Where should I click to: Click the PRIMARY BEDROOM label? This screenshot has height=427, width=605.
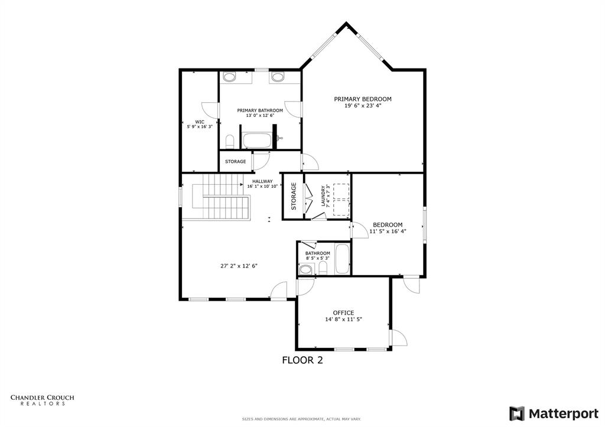(x=363, y=99)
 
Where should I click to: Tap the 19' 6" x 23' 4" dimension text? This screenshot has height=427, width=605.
(x=363, y=106)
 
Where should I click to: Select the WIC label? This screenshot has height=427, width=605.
(x=200, y=122)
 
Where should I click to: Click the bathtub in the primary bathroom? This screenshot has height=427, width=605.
(x=257, y=141)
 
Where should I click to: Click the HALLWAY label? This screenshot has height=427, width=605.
(x=262, y=181)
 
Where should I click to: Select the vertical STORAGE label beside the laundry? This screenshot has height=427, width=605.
(x=293, y=197)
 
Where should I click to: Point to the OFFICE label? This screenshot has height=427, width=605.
(x=343, y=312)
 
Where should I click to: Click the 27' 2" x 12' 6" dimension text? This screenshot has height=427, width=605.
(x=238, y=266)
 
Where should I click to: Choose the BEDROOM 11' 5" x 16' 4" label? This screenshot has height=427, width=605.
(x=387, y=228)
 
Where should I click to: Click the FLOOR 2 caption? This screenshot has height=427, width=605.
(x=302, y=360)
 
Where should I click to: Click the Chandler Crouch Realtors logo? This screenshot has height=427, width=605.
(x=43, y=400)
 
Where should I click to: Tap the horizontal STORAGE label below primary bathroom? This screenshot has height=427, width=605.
(x=235, y=161)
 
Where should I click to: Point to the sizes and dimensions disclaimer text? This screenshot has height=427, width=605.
(x=302, y=419)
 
